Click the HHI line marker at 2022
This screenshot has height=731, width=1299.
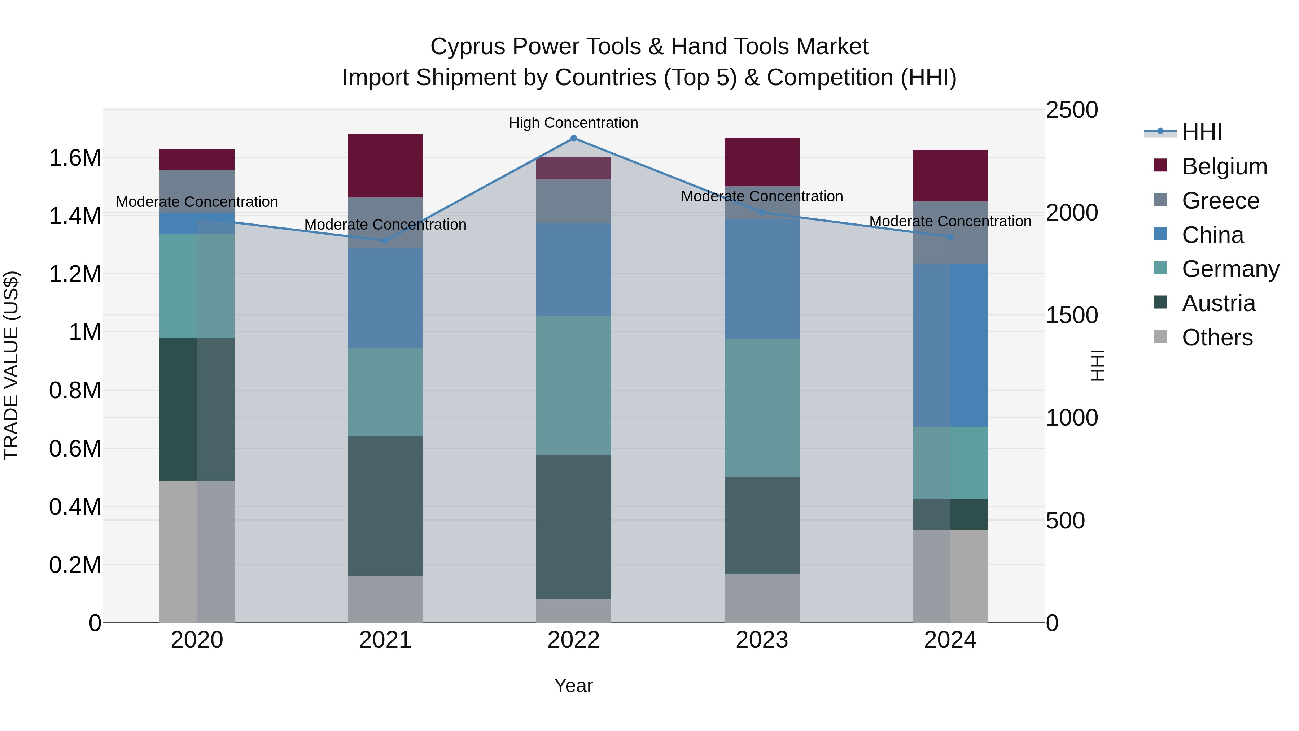[573, 138]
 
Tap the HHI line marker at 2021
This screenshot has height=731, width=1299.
[385, 241]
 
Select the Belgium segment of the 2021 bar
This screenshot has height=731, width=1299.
[385, 165]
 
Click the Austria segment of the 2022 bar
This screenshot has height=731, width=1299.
[573, 527]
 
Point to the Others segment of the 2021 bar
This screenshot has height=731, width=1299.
[385, 599]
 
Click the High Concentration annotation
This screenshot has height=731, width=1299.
[573, 123]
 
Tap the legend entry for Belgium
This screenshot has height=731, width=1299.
[1224, 166]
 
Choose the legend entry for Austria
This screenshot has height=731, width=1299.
[1218, 303]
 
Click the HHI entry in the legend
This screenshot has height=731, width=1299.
[1202, 132]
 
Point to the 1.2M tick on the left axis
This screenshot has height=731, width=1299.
[75, 274]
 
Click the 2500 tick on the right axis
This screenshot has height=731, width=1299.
[1072, 110]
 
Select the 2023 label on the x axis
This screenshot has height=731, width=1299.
[762, 640]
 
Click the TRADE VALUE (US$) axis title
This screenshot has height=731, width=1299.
[12, 365]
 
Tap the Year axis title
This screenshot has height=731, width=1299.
[573, 686]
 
